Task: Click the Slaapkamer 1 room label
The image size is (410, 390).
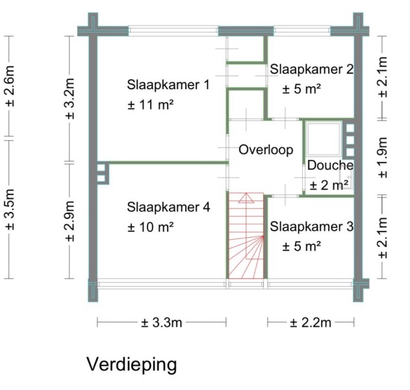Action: tap(168, 85)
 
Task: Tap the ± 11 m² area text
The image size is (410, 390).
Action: tap(151, 105)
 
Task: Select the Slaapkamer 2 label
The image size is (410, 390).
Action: tap(311, 70)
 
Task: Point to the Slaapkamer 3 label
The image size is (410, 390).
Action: tap(311, 226)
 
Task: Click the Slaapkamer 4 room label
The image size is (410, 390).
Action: tap(169, 207)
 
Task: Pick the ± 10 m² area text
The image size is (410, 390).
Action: tap(151, 227)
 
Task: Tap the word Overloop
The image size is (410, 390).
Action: tap(266, 150)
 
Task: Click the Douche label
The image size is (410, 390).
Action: tap(330, 165)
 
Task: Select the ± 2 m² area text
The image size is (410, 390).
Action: tap(329, 185)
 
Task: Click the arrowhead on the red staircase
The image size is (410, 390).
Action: tap(246, 198)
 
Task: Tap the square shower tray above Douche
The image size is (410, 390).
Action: tap(324, 138)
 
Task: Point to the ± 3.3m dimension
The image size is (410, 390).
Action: tap(161, 322)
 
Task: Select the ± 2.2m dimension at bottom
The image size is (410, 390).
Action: tap(311, 322)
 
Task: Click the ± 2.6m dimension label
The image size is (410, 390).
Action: tap(10, 86)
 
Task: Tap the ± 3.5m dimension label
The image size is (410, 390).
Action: tap(10, 209)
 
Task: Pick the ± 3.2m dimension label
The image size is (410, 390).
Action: tap(70, 99)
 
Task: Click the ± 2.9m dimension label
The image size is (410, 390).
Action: tap(70, 221)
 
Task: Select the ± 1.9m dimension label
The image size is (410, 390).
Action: tap(383, 157)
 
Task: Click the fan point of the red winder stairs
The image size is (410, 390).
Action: tap(263, 237)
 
